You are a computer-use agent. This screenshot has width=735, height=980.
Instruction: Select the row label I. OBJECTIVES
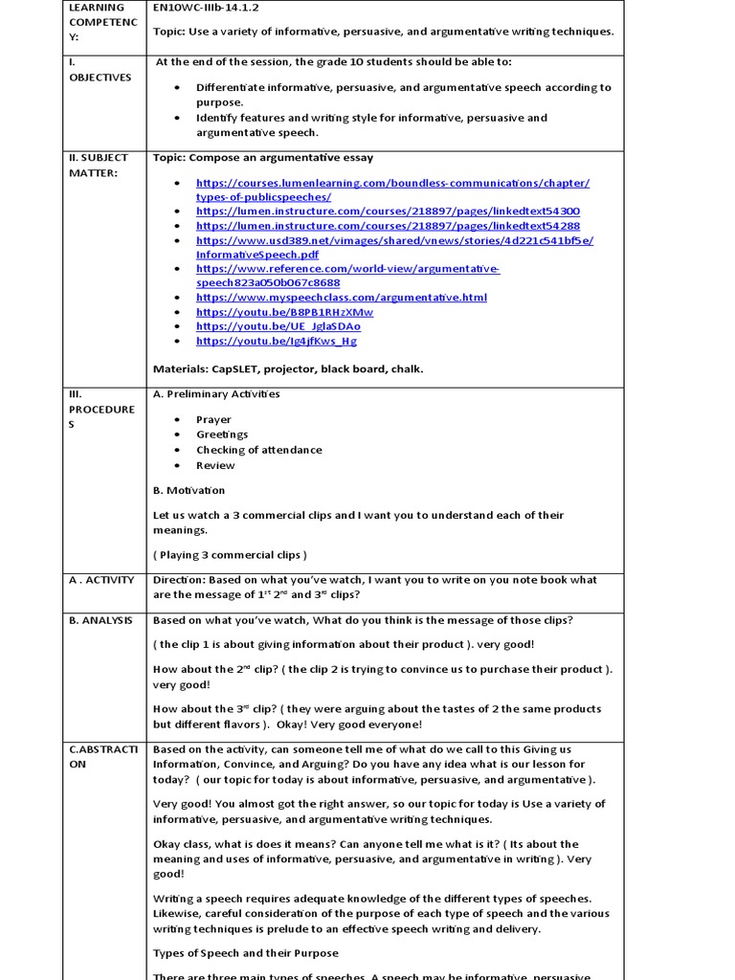point(100,70)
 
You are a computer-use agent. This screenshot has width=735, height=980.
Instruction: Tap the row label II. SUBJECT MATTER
point(99,165)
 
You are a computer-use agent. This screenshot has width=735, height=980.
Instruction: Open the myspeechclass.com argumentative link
point(341,298)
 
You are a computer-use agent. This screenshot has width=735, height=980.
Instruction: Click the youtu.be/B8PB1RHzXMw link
point(284,312)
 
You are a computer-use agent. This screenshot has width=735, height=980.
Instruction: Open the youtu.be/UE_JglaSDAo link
point(278,326)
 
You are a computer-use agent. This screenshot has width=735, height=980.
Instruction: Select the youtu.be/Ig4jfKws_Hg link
point(277,341)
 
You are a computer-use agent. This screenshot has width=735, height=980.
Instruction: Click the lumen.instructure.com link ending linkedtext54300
point(388,211)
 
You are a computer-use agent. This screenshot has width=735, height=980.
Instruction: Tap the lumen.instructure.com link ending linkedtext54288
point(388,226)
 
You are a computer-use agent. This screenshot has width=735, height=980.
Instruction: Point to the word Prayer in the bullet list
point(213,419)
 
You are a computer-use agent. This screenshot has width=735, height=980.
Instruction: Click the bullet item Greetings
point(222,434)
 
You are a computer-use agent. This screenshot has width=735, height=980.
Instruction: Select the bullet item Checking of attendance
point(258,450)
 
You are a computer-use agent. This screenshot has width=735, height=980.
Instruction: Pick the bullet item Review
point(215,465)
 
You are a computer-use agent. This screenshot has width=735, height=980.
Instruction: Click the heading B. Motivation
point(189,490)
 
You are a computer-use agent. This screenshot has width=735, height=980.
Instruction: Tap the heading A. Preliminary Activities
point(216,393)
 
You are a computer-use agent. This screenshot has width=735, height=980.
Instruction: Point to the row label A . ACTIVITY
point(101,580)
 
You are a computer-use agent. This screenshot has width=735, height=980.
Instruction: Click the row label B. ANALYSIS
point(100,620)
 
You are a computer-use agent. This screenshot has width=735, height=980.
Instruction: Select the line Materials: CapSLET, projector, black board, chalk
point(287,368)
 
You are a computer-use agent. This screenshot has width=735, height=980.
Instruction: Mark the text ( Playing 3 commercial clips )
point(230,555)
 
